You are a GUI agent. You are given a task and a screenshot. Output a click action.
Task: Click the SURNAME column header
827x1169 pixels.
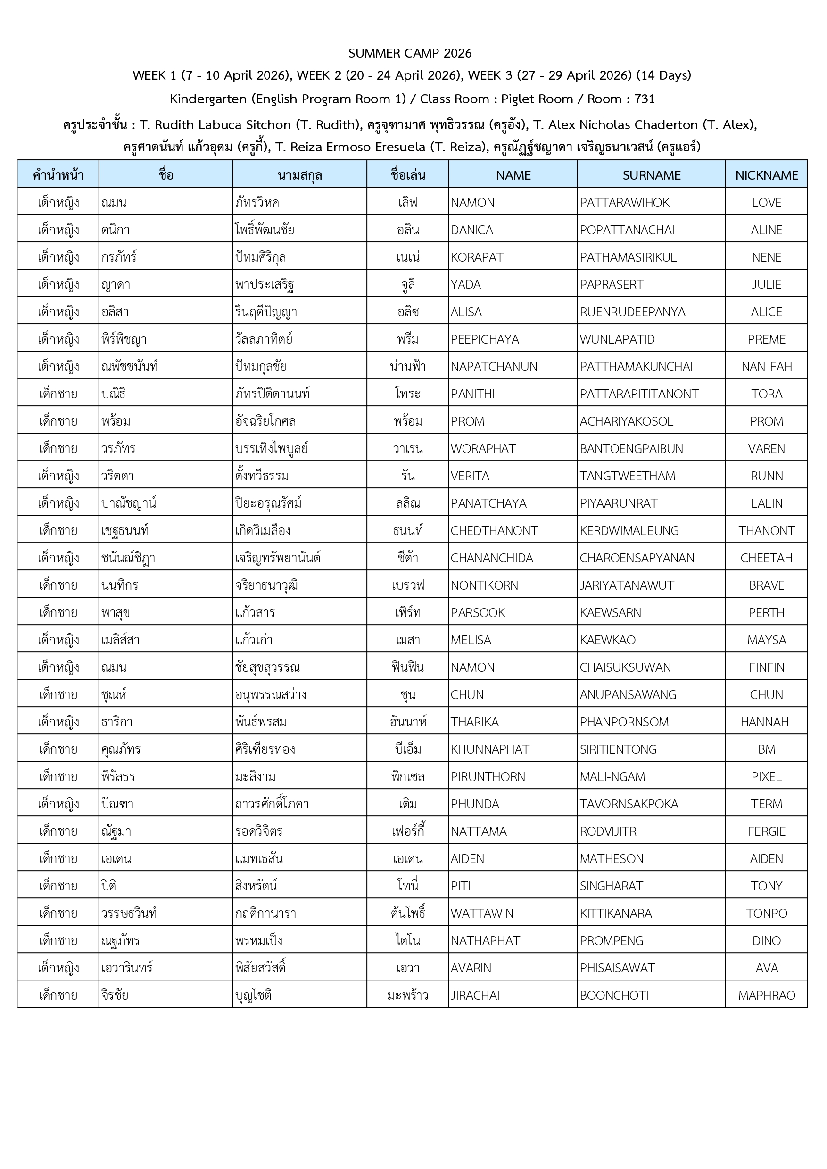651,175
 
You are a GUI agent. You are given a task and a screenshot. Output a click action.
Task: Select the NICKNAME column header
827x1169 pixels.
766,175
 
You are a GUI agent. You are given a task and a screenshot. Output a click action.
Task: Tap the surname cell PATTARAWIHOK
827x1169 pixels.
625,203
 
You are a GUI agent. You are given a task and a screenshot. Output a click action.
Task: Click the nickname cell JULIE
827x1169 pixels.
766,285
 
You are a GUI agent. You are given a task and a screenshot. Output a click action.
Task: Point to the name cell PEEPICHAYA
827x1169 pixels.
485,339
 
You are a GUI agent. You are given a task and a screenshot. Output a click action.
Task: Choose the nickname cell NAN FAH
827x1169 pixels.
766,367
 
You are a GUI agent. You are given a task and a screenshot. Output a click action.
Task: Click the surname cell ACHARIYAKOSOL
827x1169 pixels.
626,421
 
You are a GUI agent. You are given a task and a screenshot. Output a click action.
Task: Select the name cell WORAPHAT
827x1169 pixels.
483,449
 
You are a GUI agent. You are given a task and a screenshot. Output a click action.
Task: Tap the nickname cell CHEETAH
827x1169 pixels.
766,558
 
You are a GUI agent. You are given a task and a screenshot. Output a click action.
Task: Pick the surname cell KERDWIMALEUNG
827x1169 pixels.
629,531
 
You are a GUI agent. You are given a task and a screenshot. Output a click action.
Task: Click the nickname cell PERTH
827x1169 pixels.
766,612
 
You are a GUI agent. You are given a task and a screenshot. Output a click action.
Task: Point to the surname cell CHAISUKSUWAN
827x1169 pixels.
625,667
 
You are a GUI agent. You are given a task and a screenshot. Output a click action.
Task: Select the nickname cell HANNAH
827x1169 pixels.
766,722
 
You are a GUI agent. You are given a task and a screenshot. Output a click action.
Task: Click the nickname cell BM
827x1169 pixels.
766,749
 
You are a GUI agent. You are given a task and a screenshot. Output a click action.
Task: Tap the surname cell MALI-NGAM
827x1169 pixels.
612,776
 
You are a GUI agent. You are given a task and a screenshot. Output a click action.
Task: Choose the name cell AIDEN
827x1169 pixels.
467,858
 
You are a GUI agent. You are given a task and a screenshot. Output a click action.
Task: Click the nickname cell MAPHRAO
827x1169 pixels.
766,996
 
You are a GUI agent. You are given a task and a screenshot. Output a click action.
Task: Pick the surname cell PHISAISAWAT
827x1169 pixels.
617,968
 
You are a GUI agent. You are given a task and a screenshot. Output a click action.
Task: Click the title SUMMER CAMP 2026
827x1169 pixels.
410,53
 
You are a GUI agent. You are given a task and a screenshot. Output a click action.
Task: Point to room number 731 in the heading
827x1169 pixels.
644,99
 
